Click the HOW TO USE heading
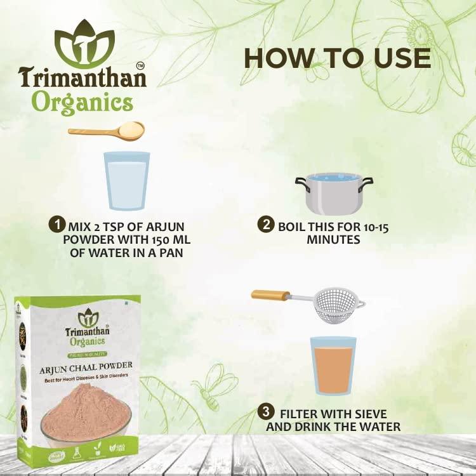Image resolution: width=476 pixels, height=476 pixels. click(x=337, y=58)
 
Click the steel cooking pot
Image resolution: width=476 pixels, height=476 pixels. click(x=334, y=192)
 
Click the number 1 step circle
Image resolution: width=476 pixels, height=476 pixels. click(x=58, y=225)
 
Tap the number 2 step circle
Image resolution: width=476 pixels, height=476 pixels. click(x=265, y=225)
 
